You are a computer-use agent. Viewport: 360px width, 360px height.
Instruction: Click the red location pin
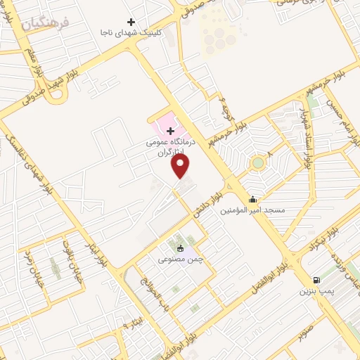click(181, 166)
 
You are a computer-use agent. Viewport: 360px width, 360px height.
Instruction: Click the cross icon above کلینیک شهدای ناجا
click(130, 22)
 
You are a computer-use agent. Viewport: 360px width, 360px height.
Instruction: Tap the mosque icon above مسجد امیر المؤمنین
click(252, 199)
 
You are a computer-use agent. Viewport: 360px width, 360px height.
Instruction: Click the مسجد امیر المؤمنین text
click(252, 210)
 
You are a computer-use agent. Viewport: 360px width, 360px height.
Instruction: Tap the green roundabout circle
click(257, 163)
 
